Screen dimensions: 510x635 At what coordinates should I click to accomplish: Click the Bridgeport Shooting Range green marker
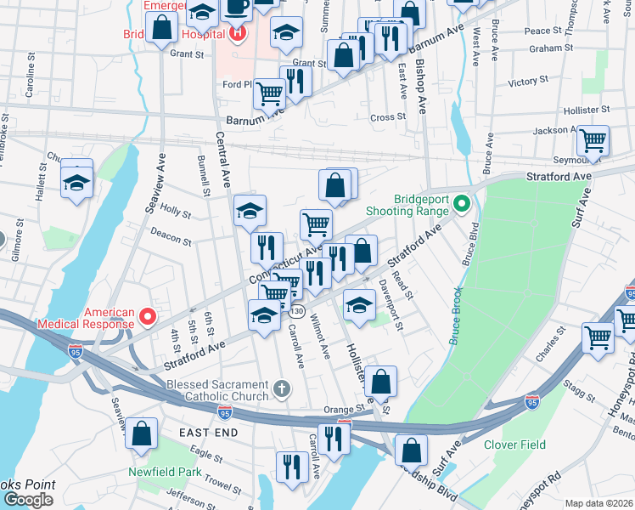(462, 204)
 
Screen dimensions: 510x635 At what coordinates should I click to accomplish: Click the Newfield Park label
(165, 472)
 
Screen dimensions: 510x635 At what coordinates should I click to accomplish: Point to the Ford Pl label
(238, 84)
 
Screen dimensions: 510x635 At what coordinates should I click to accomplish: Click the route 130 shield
(296, 312)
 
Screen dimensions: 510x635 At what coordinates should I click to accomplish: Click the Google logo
(28, 500)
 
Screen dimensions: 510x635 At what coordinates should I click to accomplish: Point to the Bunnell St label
(204, 175)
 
